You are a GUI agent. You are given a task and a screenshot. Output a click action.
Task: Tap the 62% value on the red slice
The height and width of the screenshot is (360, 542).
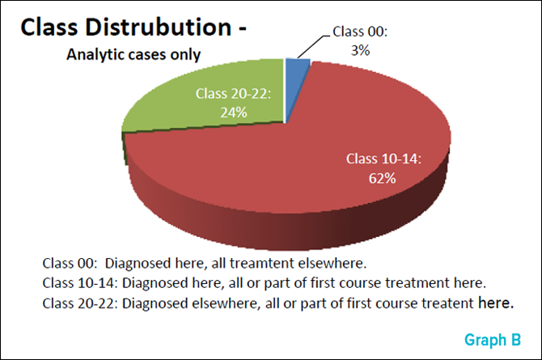click(383, 179)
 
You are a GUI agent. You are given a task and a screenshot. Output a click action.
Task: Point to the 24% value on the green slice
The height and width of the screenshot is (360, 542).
click(234, 112)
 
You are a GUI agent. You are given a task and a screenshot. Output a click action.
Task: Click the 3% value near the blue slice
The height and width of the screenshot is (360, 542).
click(360, 50)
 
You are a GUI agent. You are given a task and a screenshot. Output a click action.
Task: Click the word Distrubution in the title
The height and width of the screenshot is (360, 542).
click(159, 27)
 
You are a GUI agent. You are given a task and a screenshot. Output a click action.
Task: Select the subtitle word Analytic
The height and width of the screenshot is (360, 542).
click(95, 55)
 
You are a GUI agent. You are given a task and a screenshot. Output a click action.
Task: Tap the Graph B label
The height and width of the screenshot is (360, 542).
click(493, 340)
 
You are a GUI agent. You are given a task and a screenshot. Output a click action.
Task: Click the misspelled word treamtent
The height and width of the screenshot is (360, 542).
click(262, 264)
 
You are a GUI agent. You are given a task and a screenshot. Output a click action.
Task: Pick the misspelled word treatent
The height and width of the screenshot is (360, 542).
click(448, 303)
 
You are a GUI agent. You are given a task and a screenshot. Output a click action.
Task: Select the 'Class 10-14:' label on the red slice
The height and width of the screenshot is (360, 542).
click(383, 159)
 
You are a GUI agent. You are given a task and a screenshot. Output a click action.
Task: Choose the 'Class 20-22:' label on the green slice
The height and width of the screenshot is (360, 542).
click(233, 93)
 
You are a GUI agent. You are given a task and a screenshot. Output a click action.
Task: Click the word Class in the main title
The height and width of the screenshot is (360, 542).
click(49, 27)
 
